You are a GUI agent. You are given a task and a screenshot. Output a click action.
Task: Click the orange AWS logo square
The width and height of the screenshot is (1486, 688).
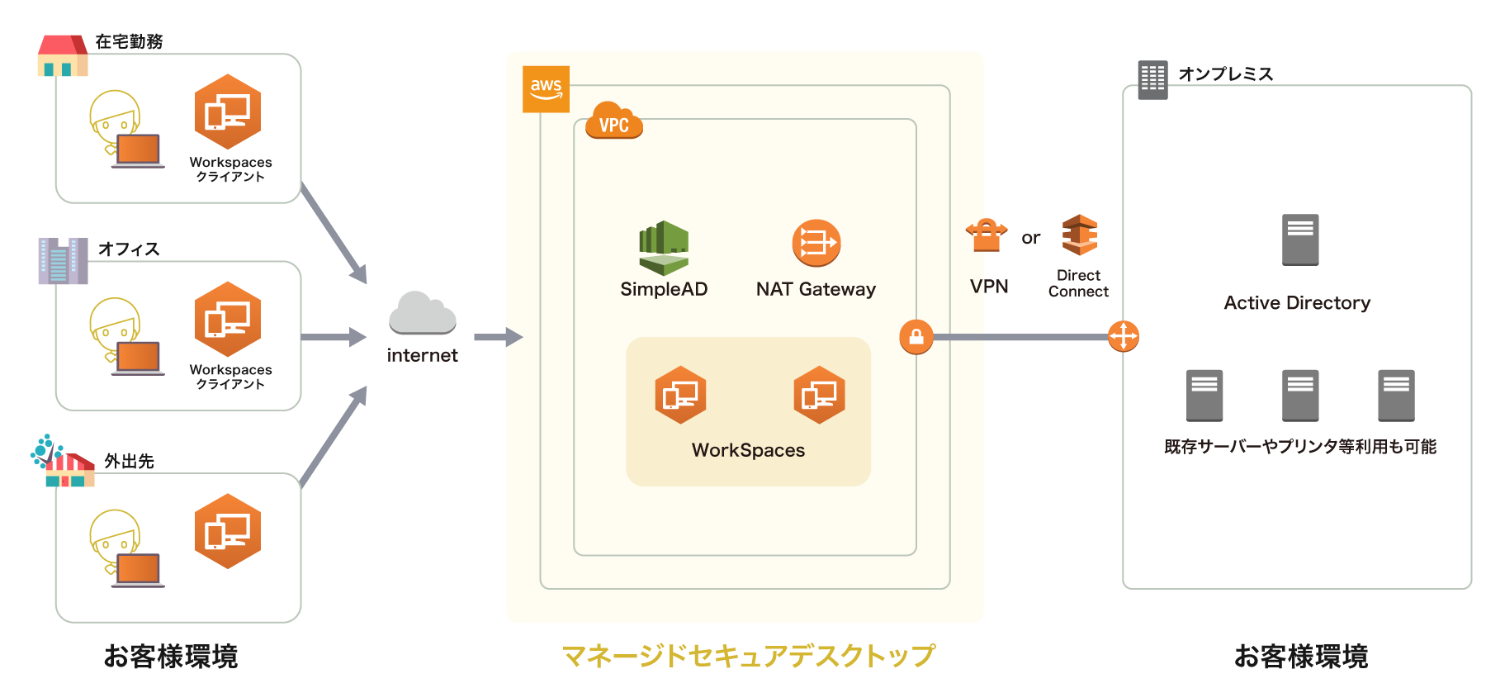click(x=546, y=89)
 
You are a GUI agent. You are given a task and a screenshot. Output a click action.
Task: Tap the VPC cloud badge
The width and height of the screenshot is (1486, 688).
click(x=613, y=121)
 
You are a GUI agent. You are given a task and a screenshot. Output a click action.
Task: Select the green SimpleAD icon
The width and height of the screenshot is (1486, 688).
click(x=663, y=248)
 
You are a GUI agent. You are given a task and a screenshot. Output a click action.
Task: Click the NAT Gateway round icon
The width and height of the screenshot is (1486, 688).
click(x=816, y=243)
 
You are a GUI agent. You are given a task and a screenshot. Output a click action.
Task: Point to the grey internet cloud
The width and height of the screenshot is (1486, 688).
click(x=422, y=313)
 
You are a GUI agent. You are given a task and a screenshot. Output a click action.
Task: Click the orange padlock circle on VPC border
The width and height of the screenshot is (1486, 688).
click(x=916, y=337)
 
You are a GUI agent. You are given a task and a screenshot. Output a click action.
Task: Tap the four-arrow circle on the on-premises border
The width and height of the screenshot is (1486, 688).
click(x=1123, y=336)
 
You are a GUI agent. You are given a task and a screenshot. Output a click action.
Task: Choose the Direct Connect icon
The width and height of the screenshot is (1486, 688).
click(x=1079, y=235)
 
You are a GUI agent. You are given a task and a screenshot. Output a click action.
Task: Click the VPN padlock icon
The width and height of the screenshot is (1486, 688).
click(x=987, y=235)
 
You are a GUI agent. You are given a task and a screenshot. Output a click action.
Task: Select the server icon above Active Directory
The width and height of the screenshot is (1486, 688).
click(x=1299, y=240)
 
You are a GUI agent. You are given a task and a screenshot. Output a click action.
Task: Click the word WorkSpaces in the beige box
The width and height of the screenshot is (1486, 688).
click(x=748, y=450)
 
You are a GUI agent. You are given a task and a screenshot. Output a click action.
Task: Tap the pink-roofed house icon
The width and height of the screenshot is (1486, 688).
click(x=63, y=55)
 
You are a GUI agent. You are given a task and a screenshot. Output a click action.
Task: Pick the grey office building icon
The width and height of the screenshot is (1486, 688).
click(x=63, y=261)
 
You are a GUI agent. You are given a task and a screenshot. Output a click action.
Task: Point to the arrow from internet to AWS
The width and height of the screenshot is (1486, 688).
click(x=498, y=337)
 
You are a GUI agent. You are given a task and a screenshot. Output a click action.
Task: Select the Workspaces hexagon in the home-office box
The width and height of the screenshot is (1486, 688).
click(x=228, y=112)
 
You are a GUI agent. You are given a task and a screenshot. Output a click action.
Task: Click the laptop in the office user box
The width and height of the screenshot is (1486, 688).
click(x=138, y=358)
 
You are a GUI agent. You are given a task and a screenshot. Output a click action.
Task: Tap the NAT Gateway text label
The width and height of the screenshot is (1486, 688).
click(x=816, y=289)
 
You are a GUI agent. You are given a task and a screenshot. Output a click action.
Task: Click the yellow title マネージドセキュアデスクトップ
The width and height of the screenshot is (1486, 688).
click(x=748, y=656)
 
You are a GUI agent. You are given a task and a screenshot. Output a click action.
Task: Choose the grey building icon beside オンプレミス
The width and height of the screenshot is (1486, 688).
click(x=1152, y=80)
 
